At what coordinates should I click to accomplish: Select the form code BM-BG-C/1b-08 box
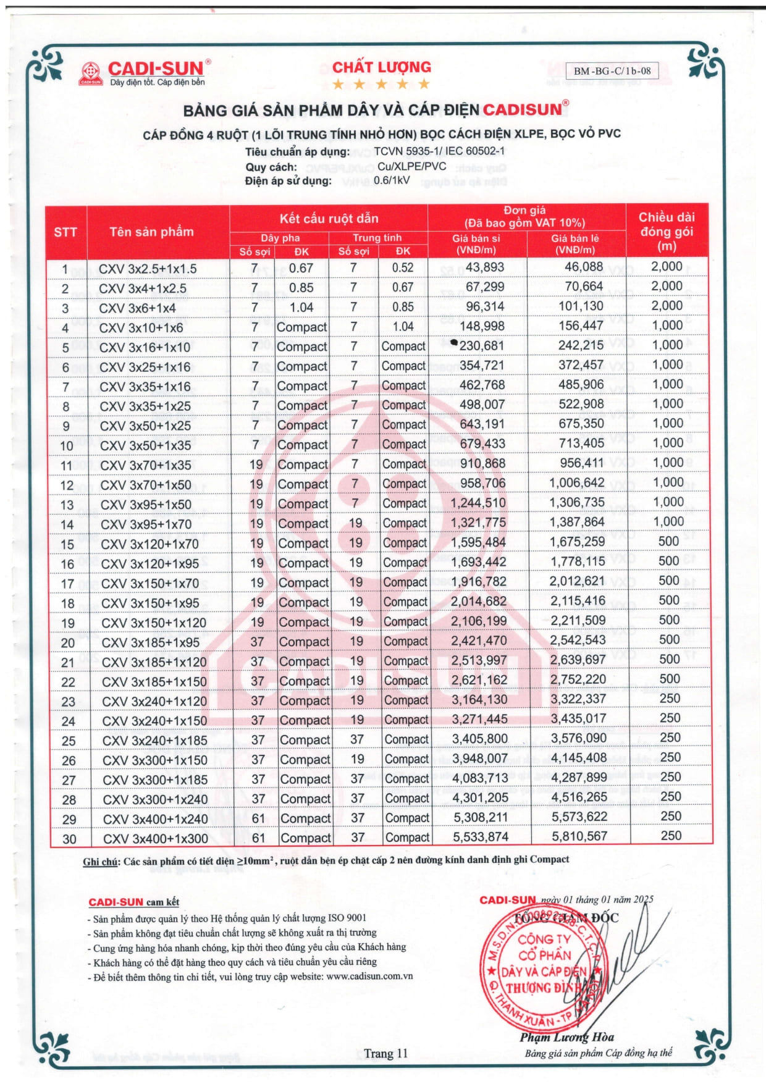pos(612,70)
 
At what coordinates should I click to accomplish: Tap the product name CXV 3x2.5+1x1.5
pos(148,269)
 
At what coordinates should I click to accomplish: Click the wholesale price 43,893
pos(484,267)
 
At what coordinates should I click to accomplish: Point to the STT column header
pos(65,232)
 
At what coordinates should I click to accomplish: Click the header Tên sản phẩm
pos(151,232)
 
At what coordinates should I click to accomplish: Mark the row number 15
pos(67,544)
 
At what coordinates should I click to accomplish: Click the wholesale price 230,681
pos(481,346)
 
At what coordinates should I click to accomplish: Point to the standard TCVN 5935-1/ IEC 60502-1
pos(439,151)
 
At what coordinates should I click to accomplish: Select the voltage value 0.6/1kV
pos(392,180)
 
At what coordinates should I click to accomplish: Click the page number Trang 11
pos(385,1053)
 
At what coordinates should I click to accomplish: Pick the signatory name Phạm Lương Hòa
pos(566,1037)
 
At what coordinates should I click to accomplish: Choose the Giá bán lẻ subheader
pos(574,244)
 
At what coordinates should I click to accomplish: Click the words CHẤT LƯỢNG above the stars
pos(382,67)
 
